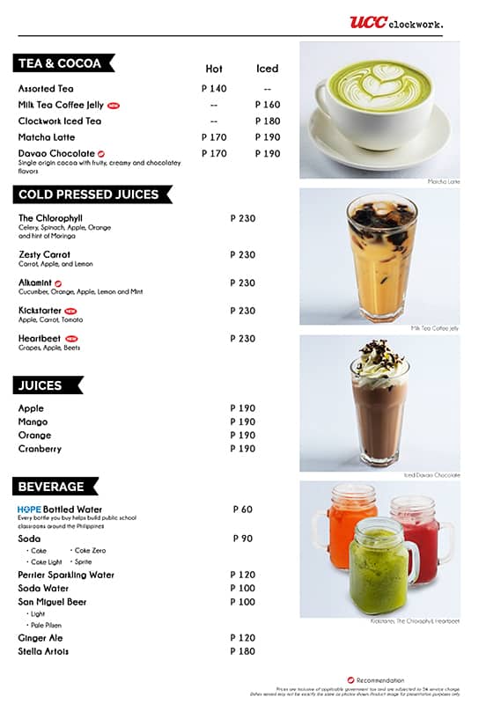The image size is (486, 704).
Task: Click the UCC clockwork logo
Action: click(x=395, y=22)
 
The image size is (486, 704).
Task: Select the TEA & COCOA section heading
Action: click(x=60, y=63)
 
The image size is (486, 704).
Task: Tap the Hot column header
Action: click(x=214, y=69)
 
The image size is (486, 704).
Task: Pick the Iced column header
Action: click(x=267, y=69)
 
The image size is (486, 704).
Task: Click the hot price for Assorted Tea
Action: click(x=214, y=89)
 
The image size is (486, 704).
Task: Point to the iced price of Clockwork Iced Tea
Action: click(x=268, y=121)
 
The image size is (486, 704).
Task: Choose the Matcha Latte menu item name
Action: click(x=47, y=137)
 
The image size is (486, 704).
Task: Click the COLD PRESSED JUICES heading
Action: click(x=88, y=194)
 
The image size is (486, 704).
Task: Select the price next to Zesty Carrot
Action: click(x=242, y=255)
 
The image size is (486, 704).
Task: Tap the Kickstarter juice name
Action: click(x=40, y=311)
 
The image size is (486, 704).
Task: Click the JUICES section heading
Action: click(x=40, y=385)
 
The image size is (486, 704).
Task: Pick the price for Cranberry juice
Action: click(x=242, y=449)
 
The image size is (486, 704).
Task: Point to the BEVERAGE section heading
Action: click(x=51, y=487)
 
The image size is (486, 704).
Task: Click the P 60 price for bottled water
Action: click(x=242, y=510)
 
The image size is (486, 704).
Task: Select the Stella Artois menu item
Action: click(x=43, y=651)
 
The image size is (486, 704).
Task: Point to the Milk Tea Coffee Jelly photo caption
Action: click(x=435, y=328)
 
